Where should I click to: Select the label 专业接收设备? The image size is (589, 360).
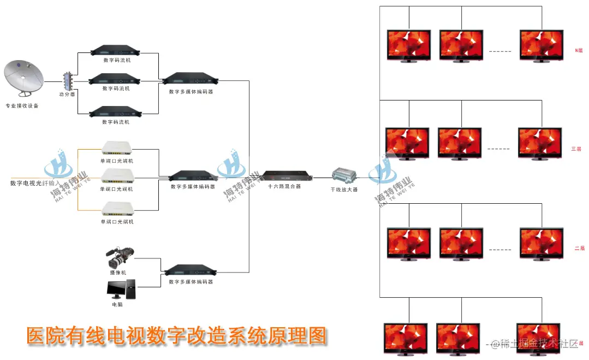pyautogui.click(x=22, y=106)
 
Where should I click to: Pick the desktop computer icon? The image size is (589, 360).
pyautogui.click(x=121, y=289)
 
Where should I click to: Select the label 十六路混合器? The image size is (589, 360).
pyautogui.click(x=285, y=186)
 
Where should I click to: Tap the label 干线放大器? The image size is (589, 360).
pyautogui.click(x=344, y=190)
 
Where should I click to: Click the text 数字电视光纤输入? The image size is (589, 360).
pyautogui.click(x=35, y=183)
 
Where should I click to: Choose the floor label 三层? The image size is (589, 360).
pyautogui.click(x=576, y=149)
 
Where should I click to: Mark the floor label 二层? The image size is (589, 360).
pyautogui.click(x=579, y=248)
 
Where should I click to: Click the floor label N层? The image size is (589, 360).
pyautogui.click(x=579, y=50)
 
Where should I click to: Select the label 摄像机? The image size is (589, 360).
pyautogui.click(x=117, y=272)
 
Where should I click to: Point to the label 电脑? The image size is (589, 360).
pyautogui.click(x=117, y=304)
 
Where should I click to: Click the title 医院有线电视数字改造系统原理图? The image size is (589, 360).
pyautogui.click(x=176, y=335)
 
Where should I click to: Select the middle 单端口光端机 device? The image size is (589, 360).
pyautogui.click(x=117, y=175)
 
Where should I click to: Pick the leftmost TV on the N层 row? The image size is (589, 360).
pyautogui.click(x=409, y=45)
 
